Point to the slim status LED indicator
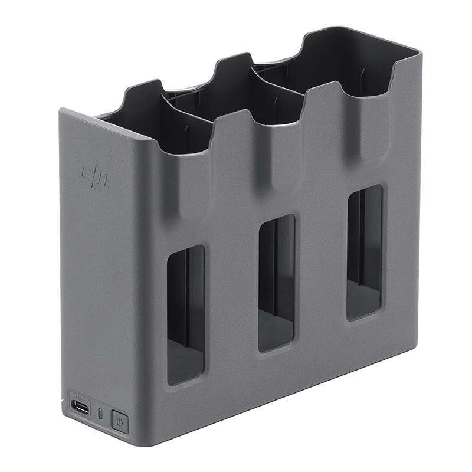100,414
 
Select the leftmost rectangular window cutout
185,315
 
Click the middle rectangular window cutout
276,284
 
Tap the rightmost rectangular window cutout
364,253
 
